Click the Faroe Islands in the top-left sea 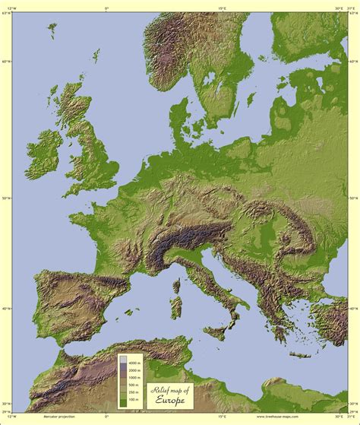[52, 30]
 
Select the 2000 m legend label [134, 366]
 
